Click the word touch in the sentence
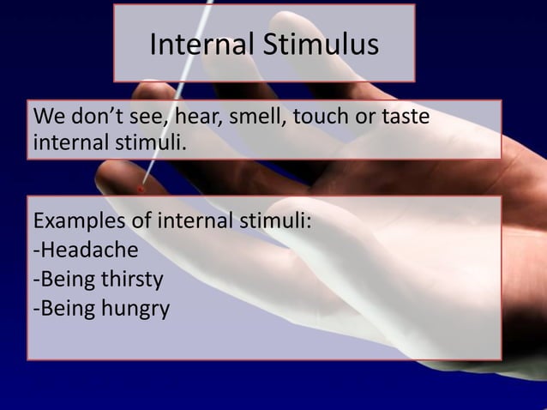[321, 117]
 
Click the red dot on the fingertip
[140, 188]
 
